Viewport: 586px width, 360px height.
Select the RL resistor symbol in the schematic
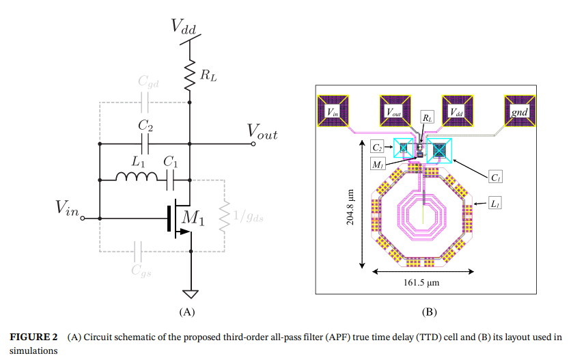(189, 77)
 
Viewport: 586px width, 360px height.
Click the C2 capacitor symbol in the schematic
(144, 143)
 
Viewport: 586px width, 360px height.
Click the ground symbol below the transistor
(191, 294)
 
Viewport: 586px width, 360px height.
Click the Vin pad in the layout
(333, 111)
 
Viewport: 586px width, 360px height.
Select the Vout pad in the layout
(394, 111)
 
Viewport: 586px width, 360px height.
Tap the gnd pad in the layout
(518, 111)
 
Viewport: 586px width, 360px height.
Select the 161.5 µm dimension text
(421, 283)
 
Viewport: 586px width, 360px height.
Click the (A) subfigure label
(186, 311)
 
